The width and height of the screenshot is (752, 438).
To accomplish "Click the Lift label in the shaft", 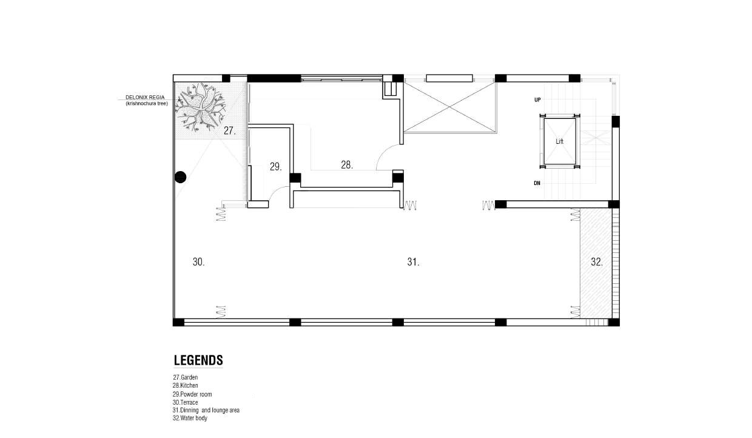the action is (559, 141).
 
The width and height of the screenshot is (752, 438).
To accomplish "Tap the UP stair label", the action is (537, 99).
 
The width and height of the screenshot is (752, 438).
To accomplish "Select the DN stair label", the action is (537, 183).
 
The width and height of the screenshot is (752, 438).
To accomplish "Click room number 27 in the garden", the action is (230, 130).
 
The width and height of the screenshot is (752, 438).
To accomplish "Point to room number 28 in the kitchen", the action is (347, 165).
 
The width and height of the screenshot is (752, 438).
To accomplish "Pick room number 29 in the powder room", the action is (275, 167).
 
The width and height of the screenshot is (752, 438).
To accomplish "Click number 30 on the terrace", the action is (198, 262).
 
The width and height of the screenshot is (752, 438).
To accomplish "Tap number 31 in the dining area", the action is (413, 262).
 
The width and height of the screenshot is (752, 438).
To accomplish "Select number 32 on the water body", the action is (597, 262).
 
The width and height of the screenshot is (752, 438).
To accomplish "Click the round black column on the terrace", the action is (180, 177).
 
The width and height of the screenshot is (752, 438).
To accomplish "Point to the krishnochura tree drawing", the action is (200, 107).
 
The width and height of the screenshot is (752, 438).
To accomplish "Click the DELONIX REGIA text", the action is (145, 98).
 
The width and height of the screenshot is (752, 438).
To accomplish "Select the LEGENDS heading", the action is (198, 360).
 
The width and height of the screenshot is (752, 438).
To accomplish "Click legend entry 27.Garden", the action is (186, 377).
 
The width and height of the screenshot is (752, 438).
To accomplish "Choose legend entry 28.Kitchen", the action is (186, 386).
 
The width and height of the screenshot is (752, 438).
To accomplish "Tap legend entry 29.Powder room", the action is (192, 394).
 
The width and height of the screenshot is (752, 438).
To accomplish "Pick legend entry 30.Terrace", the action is (186, 402).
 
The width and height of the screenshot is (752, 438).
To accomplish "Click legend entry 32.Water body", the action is (190, 418).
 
